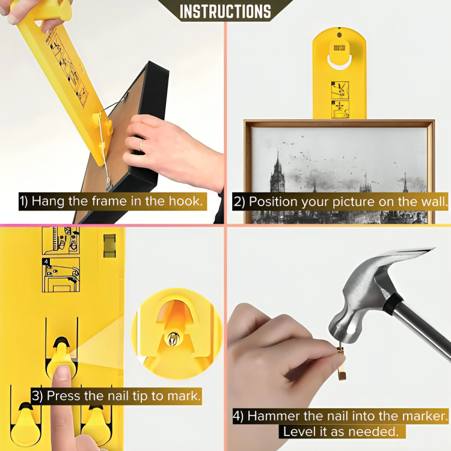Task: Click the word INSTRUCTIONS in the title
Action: [x=226, y=11]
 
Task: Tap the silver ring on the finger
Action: [x=142, y=145]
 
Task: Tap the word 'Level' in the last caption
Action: [x=299, y=431]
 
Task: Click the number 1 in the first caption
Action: [x=22, y=201]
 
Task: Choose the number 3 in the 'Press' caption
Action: [x=35, y=396]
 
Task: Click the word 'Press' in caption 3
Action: [x=64, y=396]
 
